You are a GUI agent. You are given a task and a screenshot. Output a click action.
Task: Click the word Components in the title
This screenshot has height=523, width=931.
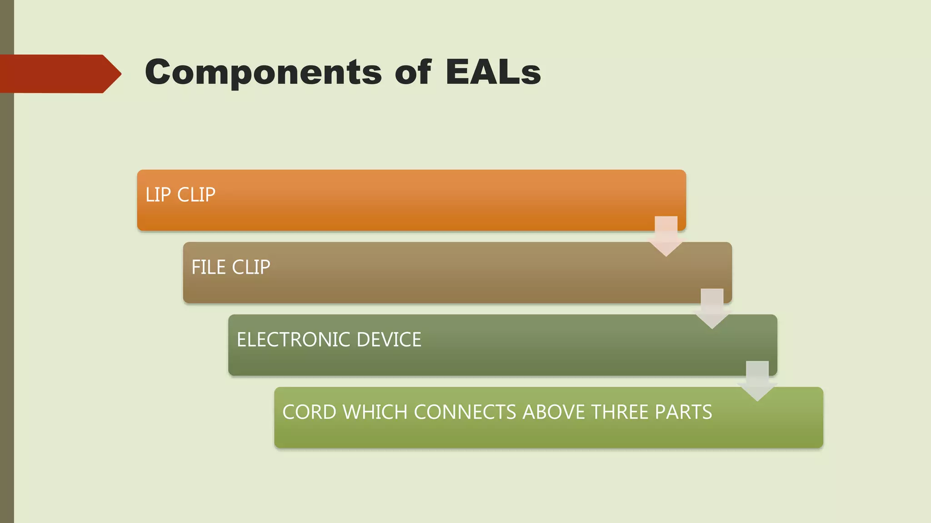tap(263, 73)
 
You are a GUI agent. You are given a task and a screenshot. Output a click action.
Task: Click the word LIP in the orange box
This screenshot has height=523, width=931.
tap(158, 195)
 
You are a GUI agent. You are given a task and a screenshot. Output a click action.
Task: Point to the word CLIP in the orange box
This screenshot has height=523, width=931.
tap(196, 195)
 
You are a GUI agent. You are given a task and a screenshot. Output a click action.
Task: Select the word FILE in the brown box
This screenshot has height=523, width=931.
tap(208, 267)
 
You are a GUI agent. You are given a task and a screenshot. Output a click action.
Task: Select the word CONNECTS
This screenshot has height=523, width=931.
tap(465, 412)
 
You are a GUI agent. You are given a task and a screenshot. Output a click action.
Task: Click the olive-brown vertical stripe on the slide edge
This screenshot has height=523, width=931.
tap(7, 295)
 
